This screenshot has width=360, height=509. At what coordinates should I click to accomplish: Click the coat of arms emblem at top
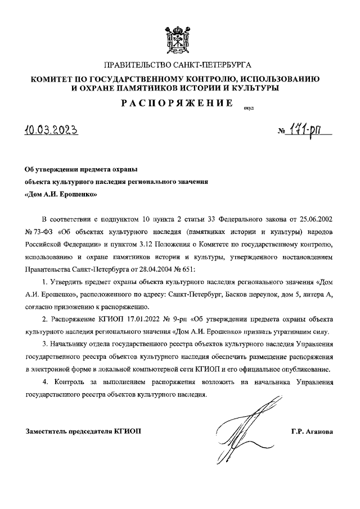point(180,38)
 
